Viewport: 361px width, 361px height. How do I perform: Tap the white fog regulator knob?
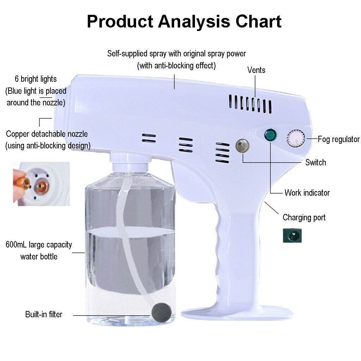pos(295,138)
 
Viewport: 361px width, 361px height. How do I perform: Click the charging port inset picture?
pos(292,235)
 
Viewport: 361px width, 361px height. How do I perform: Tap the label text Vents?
pos(256,70)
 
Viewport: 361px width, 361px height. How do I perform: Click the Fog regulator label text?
pos(338,139)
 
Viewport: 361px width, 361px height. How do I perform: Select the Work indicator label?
pos(307,193)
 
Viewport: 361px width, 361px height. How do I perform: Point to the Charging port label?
pos(304,218)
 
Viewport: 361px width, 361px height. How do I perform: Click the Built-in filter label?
pos(44,314)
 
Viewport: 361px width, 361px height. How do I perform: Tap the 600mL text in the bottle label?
pos(16,245)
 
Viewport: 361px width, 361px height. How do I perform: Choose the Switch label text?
pos(316,163)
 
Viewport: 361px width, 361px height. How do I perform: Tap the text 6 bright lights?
pos(36,79)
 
